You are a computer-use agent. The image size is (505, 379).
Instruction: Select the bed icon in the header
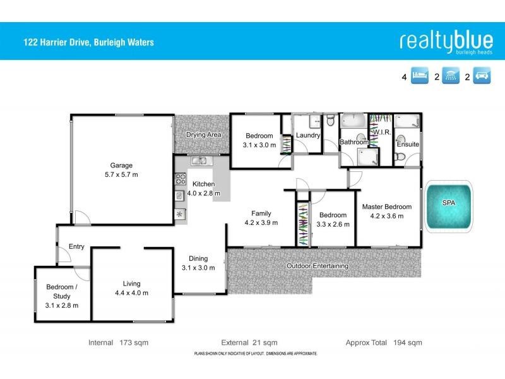(x=420, y=78)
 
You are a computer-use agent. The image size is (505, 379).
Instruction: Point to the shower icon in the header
(x=451, y=78)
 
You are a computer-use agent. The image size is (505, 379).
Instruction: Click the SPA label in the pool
(x=448, y=203)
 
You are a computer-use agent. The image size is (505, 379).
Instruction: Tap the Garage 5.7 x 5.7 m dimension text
(x=121, y=174)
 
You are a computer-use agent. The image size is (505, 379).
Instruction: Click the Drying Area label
(x=203, y=135)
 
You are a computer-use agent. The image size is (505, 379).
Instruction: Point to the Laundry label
(x=308, y=135)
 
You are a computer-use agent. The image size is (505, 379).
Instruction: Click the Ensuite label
(x=408, y=145)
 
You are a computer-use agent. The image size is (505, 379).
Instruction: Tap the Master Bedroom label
(x=386, y=207)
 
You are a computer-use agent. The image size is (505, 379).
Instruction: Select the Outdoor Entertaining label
(x=317, y=266)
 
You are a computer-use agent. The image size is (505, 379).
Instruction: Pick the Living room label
(x=132, y=284)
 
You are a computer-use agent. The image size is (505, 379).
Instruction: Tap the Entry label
(x=76, y=247)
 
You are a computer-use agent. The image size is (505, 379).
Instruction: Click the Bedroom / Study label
(x=62, y=291)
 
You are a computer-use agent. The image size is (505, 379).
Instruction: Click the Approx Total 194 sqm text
(x=383, y=343)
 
